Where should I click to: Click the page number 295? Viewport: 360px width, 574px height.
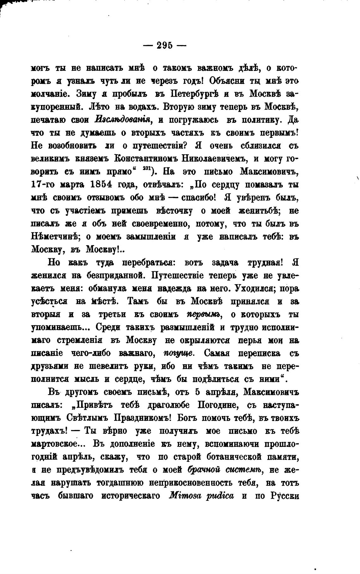click(165, 45)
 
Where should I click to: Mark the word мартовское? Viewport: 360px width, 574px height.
click(58, 444)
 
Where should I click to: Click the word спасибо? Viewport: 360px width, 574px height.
click(194, 198)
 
